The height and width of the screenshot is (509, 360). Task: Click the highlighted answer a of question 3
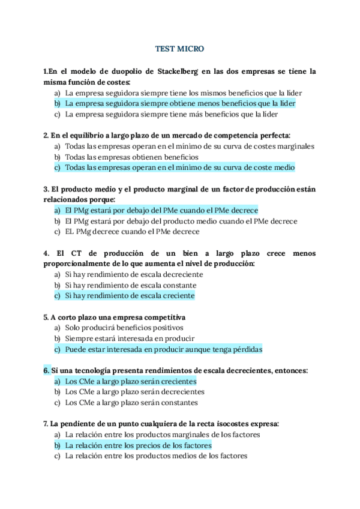(x=161, y=210)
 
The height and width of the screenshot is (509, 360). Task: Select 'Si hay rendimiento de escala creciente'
(x=130, y=296)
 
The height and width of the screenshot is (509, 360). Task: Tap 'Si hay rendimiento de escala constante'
(x=130, y=285)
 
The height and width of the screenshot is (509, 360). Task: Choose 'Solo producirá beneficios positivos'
(x=124, y=328)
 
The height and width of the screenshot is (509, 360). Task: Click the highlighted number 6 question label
(x=46, y=370)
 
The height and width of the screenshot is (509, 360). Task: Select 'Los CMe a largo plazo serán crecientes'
(x=130, y=381)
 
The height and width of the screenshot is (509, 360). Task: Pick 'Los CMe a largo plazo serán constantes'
(x=131, y=403)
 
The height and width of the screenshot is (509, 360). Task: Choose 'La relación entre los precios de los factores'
(x=138, y=445)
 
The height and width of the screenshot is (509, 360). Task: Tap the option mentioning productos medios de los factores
(x=156, y=456)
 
